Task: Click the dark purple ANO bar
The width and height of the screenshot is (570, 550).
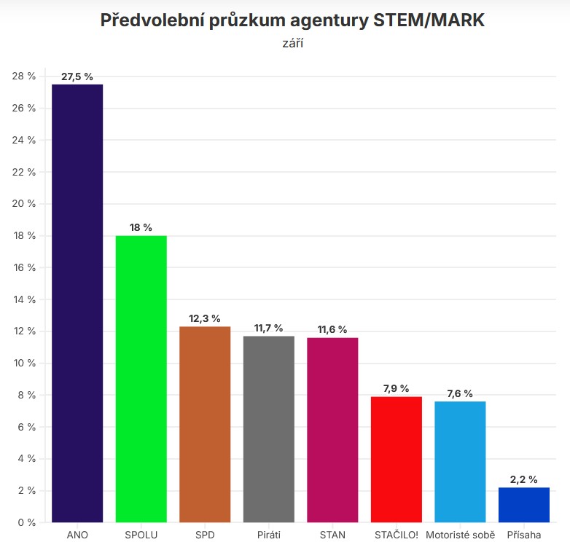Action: [77, 303]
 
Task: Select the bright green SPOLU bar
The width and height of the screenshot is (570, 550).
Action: [141, 379]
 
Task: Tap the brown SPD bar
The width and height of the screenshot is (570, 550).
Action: [205, 424]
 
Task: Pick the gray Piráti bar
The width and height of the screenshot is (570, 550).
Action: [268, 429]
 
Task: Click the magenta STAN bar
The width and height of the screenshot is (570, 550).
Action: [332, 430]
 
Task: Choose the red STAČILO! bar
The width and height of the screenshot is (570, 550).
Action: [396, 459]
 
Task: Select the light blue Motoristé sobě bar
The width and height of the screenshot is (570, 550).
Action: [460, 462]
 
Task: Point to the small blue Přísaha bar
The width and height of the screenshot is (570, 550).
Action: [523, 505]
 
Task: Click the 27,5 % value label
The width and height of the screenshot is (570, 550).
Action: [77, 76]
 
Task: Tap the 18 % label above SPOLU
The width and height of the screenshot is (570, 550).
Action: [141, 227]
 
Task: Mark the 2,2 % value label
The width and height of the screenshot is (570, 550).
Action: [523, 479]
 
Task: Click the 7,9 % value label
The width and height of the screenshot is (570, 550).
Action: [396, 388]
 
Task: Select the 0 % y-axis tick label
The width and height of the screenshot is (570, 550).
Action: [26, 522]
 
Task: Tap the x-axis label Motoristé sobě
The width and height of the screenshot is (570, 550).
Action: [460, 536]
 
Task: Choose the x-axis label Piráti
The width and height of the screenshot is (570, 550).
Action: [268, 536]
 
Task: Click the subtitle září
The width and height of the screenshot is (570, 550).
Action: [292, 44]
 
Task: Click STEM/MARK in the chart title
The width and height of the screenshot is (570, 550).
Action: [429, 20]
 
